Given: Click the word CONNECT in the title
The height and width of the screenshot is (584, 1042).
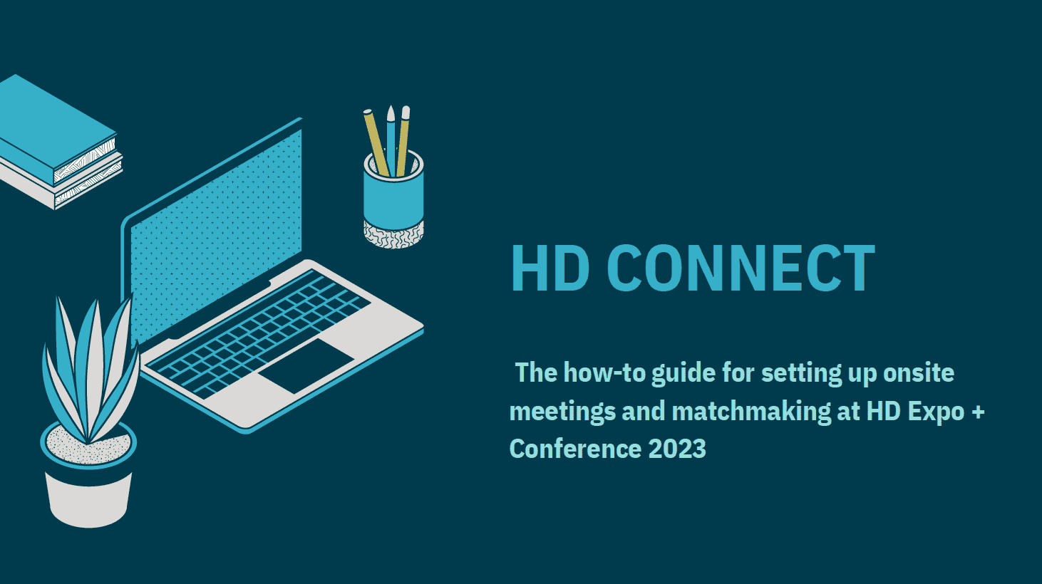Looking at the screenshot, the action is [x=741, y=268].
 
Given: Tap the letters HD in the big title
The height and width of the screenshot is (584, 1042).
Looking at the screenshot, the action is [x=551, y=268].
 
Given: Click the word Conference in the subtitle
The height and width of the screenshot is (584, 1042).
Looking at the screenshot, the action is [x=575, y=449].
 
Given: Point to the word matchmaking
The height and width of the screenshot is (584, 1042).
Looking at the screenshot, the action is [x=751, y=412].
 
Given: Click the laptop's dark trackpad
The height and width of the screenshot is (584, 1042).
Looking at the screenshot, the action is [x=306, y=366].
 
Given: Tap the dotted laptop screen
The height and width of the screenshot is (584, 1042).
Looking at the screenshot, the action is [x=216, y=237].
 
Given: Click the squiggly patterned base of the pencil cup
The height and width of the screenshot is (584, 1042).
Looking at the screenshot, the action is [x=393, y=235].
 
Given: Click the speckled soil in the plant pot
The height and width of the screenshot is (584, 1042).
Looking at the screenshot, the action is [x=88, y=447].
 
